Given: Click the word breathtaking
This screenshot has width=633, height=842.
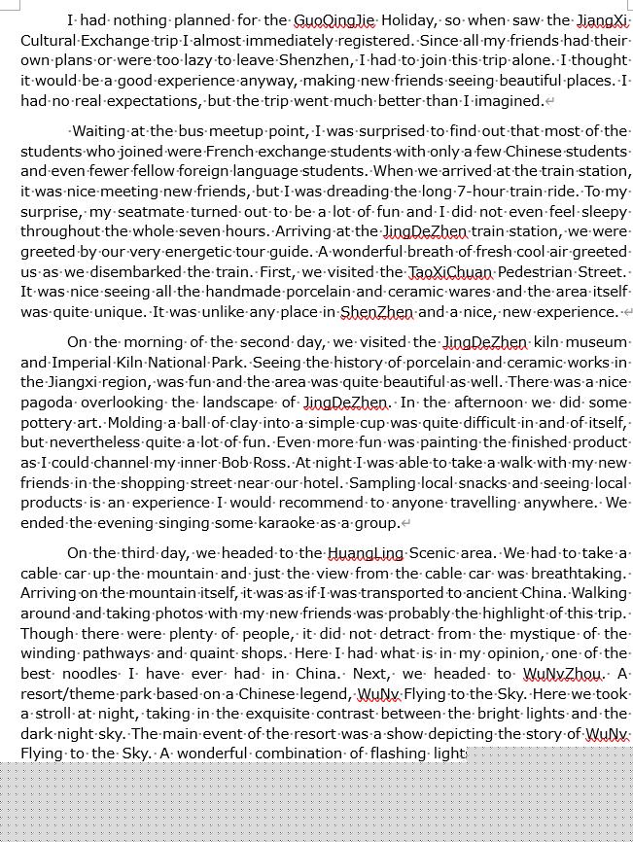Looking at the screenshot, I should point(578,574).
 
